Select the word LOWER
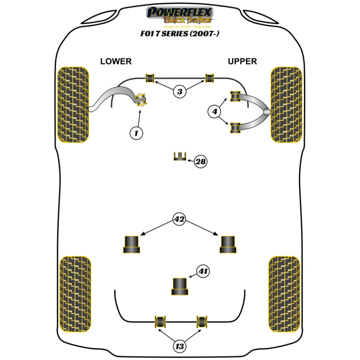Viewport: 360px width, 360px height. (x=116, y=62)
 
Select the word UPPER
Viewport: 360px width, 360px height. (x=242, y=62)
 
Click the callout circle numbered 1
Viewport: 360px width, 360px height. (x=136, y=134)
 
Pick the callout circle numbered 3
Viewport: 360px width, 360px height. (x=180, y=91)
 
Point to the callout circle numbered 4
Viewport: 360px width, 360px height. (x=215, y=112)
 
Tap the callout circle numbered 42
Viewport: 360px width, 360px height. (x=179, y=219)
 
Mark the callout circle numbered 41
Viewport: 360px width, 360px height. (x=203, y=271)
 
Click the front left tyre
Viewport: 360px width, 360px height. (x=73, y=104)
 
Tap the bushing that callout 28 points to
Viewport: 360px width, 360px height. (x=180, y=157)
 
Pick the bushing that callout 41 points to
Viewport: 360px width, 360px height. (x=180, y=286)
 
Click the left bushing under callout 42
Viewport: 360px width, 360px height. (x=132, y=244)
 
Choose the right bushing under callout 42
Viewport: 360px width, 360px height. (x=228, y=244)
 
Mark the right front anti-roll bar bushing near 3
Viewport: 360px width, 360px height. (x=210, y=77)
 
